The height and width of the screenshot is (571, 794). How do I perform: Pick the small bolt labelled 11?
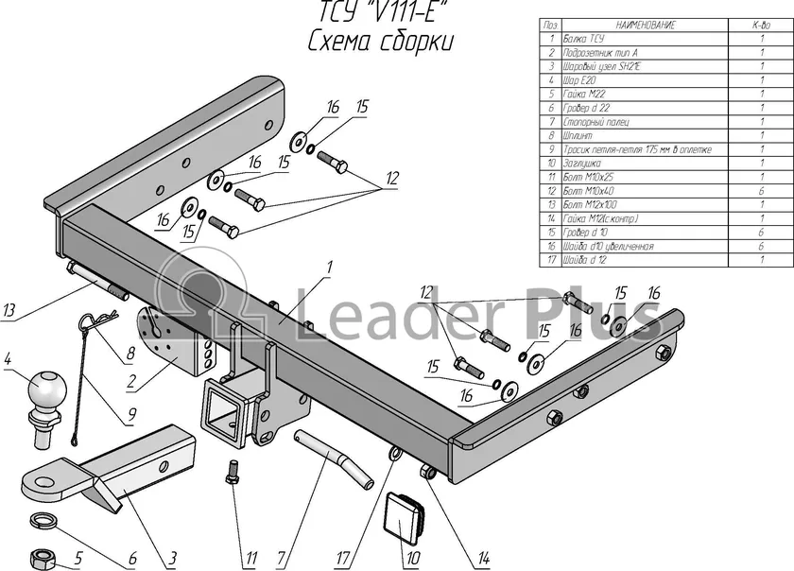click(x=232, y=470)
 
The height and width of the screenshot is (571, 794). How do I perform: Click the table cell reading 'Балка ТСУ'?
click(x=584, y=40)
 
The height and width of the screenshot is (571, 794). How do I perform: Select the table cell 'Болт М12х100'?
click(x=589, y=204)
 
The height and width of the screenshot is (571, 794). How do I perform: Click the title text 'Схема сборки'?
click(x=379, y=42)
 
